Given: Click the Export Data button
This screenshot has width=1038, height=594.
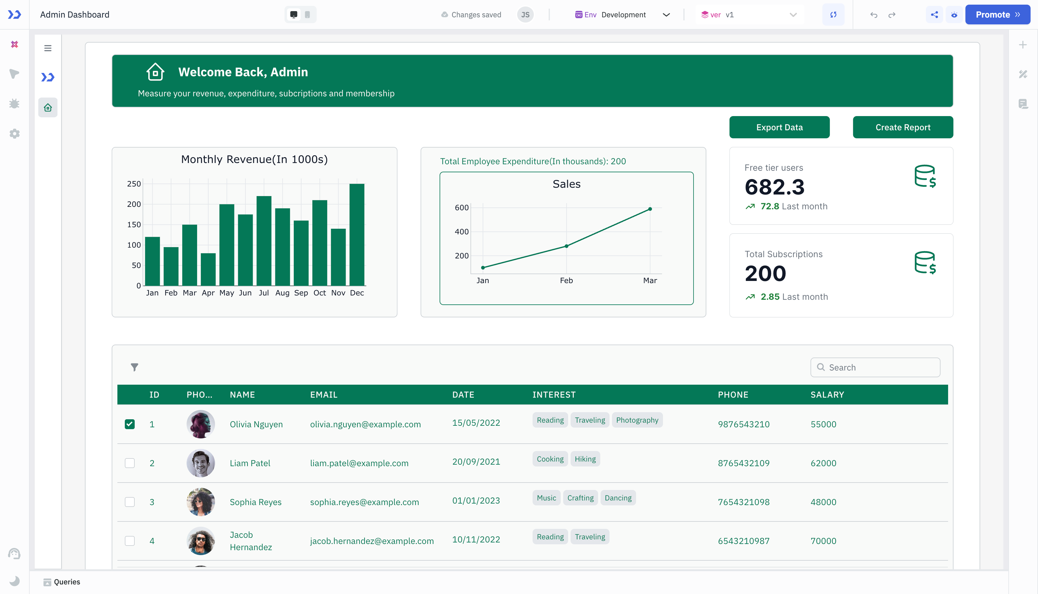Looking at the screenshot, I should click(x=779, y=127).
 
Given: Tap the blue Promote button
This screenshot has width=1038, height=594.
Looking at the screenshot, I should click(x=997, y=15).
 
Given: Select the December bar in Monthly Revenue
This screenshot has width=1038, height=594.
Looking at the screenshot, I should click(x=357, y=235).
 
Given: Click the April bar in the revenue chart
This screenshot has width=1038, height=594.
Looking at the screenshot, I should click(x=208, y=269).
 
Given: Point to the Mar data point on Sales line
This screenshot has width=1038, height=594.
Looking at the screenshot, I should click(x=650, y=209).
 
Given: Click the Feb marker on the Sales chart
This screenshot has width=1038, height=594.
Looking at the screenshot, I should click(x=566, y=246).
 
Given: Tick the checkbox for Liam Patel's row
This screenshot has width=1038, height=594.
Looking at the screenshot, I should click(x=130, y=463).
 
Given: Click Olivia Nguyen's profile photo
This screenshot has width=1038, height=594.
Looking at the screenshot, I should click(x=200, y=424).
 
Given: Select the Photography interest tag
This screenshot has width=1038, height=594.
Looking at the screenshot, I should click(x=637, y=420).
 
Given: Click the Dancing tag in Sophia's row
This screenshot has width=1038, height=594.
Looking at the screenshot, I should click(x=618, y=498).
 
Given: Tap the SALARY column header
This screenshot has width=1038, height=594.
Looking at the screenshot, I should click(x=827, y=395).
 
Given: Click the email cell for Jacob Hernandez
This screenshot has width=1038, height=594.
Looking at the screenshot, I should click(x=371, y=541).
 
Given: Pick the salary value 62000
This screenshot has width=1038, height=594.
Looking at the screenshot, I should click(x=823, y=463).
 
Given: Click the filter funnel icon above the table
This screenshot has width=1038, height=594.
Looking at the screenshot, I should click(x=134, y=367).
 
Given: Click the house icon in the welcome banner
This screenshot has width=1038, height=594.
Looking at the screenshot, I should click(x=155, y=72).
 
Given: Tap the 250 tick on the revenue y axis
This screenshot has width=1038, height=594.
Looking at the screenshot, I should click(x=134, y=184).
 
